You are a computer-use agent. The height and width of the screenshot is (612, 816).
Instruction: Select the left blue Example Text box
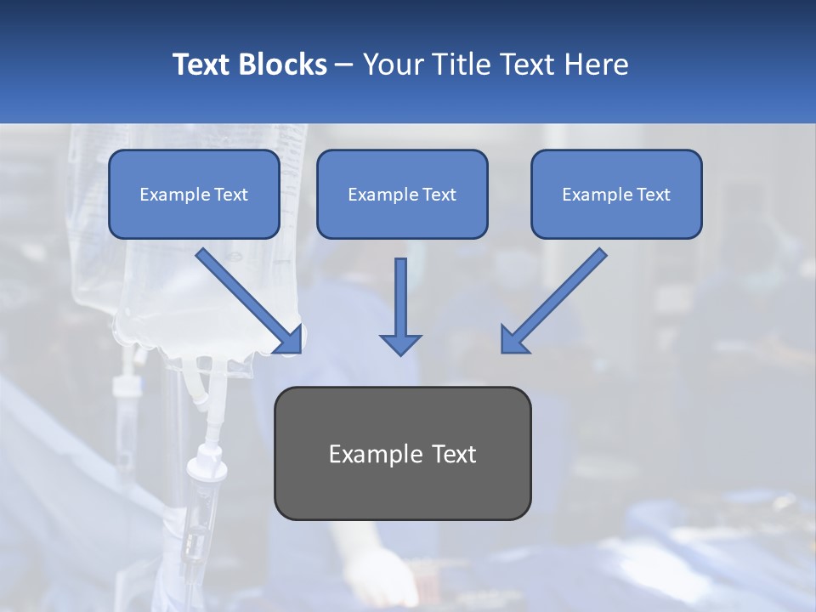(194, 194)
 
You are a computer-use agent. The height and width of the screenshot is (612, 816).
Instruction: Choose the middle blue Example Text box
(402, 194)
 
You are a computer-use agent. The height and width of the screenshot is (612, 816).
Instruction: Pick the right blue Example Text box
(616, 194)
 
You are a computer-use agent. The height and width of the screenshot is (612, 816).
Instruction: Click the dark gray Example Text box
(402, 453)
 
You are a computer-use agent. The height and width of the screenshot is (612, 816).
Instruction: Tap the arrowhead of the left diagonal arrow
(289, 339)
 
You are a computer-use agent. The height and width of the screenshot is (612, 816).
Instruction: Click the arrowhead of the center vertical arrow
(400, 344)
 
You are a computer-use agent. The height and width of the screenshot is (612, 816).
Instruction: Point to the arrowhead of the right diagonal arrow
(514, 339)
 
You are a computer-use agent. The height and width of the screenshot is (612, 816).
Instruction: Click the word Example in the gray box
(371, 454)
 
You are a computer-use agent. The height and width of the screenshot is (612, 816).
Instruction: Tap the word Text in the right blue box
(653, 195)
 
